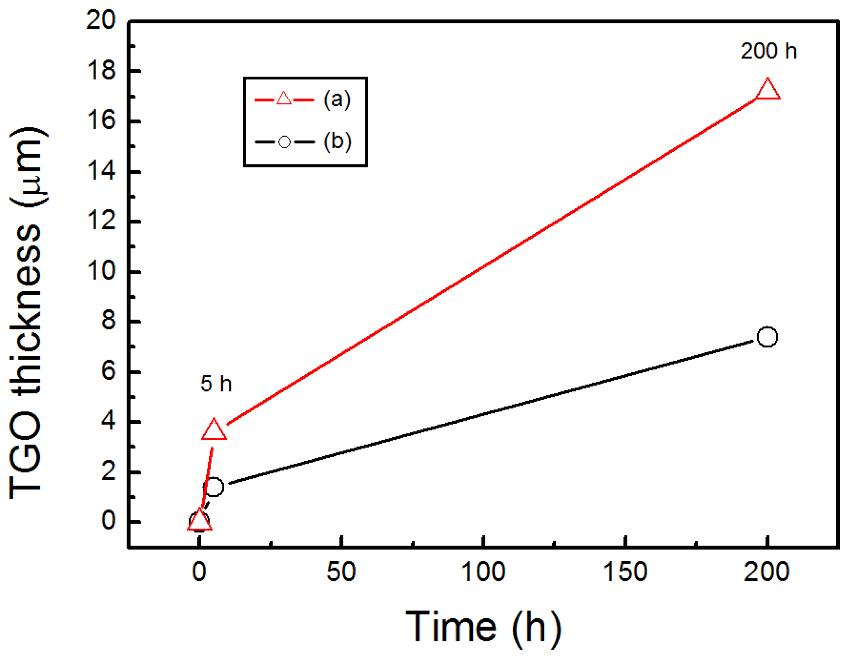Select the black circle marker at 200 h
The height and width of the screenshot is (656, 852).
[x=767, y=337]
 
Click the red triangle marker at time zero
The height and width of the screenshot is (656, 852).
[x=200, y=521]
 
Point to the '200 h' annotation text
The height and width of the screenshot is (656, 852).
[x=769, y=51]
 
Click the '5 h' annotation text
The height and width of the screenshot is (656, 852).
[x=216, y=384]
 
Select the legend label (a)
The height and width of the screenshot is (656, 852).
[x=337, y=99]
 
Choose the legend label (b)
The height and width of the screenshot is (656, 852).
[x=337, y=141]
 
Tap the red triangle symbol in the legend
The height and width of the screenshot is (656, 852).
[x=284, y=99]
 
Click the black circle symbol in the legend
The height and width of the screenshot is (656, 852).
[x=284, y=142]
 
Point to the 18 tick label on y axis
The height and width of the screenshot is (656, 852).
[x=101, y=71]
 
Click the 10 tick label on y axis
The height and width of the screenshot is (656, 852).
[x=101, y=271]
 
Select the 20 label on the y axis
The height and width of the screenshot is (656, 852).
[x=101, y=20]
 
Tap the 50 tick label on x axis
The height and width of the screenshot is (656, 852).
[x=341, y=572]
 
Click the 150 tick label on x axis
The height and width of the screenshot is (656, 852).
[x=625, y=572]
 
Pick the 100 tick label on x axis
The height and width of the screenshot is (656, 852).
[x=483, y=572]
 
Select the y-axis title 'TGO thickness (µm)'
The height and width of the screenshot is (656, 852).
[x=27, y=312]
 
